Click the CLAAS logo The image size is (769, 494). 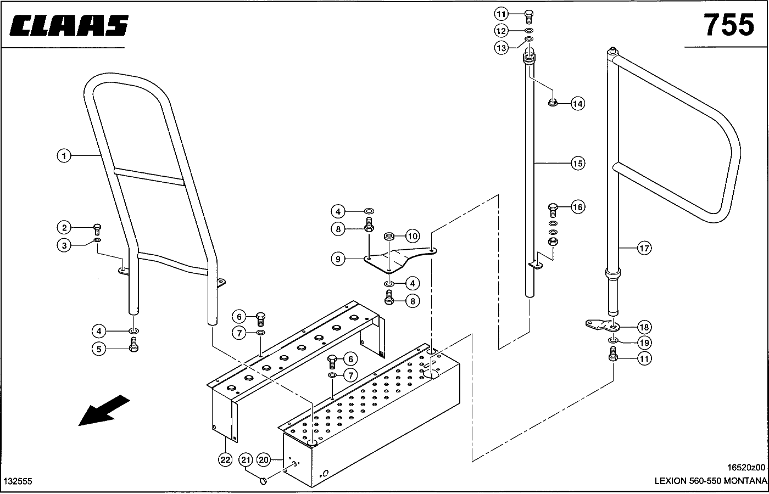[69, 25]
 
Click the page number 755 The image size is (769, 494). [728, 25]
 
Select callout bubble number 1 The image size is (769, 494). [64, 156]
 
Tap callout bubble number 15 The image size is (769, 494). [578, 164]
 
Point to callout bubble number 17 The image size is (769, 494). [644, 248]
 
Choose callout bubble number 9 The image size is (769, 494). [338, 259]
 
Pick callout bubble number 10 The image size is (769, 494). [413, 236]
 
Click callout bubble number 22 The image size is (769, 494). [225, 460]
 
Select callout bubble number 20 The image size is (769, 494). [264, 460]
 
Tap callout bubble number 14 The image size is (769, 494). [578, 104]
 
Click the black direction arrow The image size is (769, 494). [104, 411]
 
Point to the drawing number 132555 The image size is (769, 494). [18, 481]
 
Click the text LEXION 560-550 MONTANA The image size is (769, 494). [711, 481]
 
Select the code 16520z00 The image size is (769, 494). [746, 468]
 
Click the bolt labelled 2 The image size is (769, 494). [97, 229]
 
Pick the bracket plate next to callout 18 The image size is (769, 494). [601, 324]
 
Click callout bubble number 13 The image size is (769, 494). [501, 48]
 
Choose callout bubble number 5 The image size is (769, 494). [99, 349]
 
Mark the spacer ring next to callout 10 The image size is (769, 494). [389, 237]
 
